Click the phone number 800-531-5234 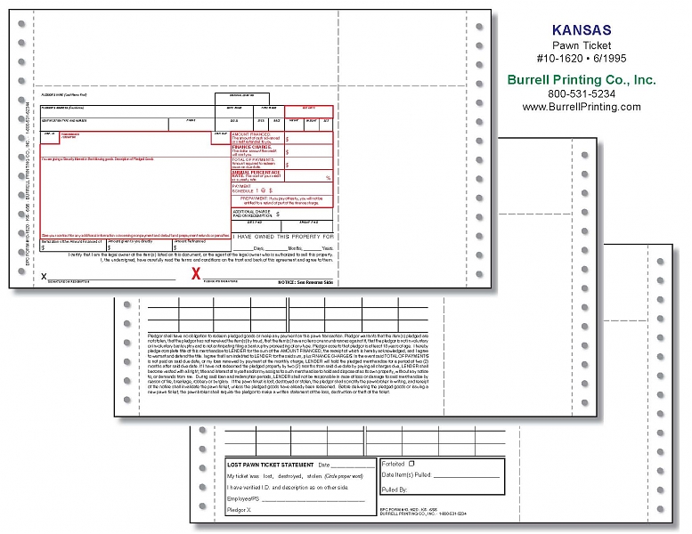[x=582, y=93]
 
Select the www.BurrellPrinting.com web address [x=582, y=107]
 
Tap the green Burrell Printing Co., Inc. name [x=582, y=79]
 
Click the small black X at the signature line [x=44, y=277]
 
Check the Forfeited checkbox [x=412, y=464]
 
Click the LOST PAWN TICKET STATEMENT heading [x=270, y=465]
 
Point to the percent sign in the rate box [x=328, y=178]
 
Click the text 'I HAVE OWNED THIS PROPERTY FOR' [x=281, y=237]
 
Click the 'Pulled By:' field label [x=397, y=489]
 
